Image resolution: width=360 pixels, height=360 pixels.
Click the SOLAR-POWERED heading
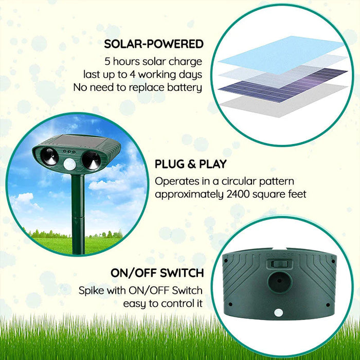[x=154, y=44]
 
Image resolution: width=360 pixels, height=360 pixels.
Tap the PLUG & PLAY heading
[x=191, y=165]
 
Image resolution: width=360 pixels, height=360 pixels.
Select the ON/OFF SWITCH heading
[x=157, y=273]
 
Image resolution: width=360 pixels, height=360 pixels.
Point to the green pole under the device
[x=78, y=216]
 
